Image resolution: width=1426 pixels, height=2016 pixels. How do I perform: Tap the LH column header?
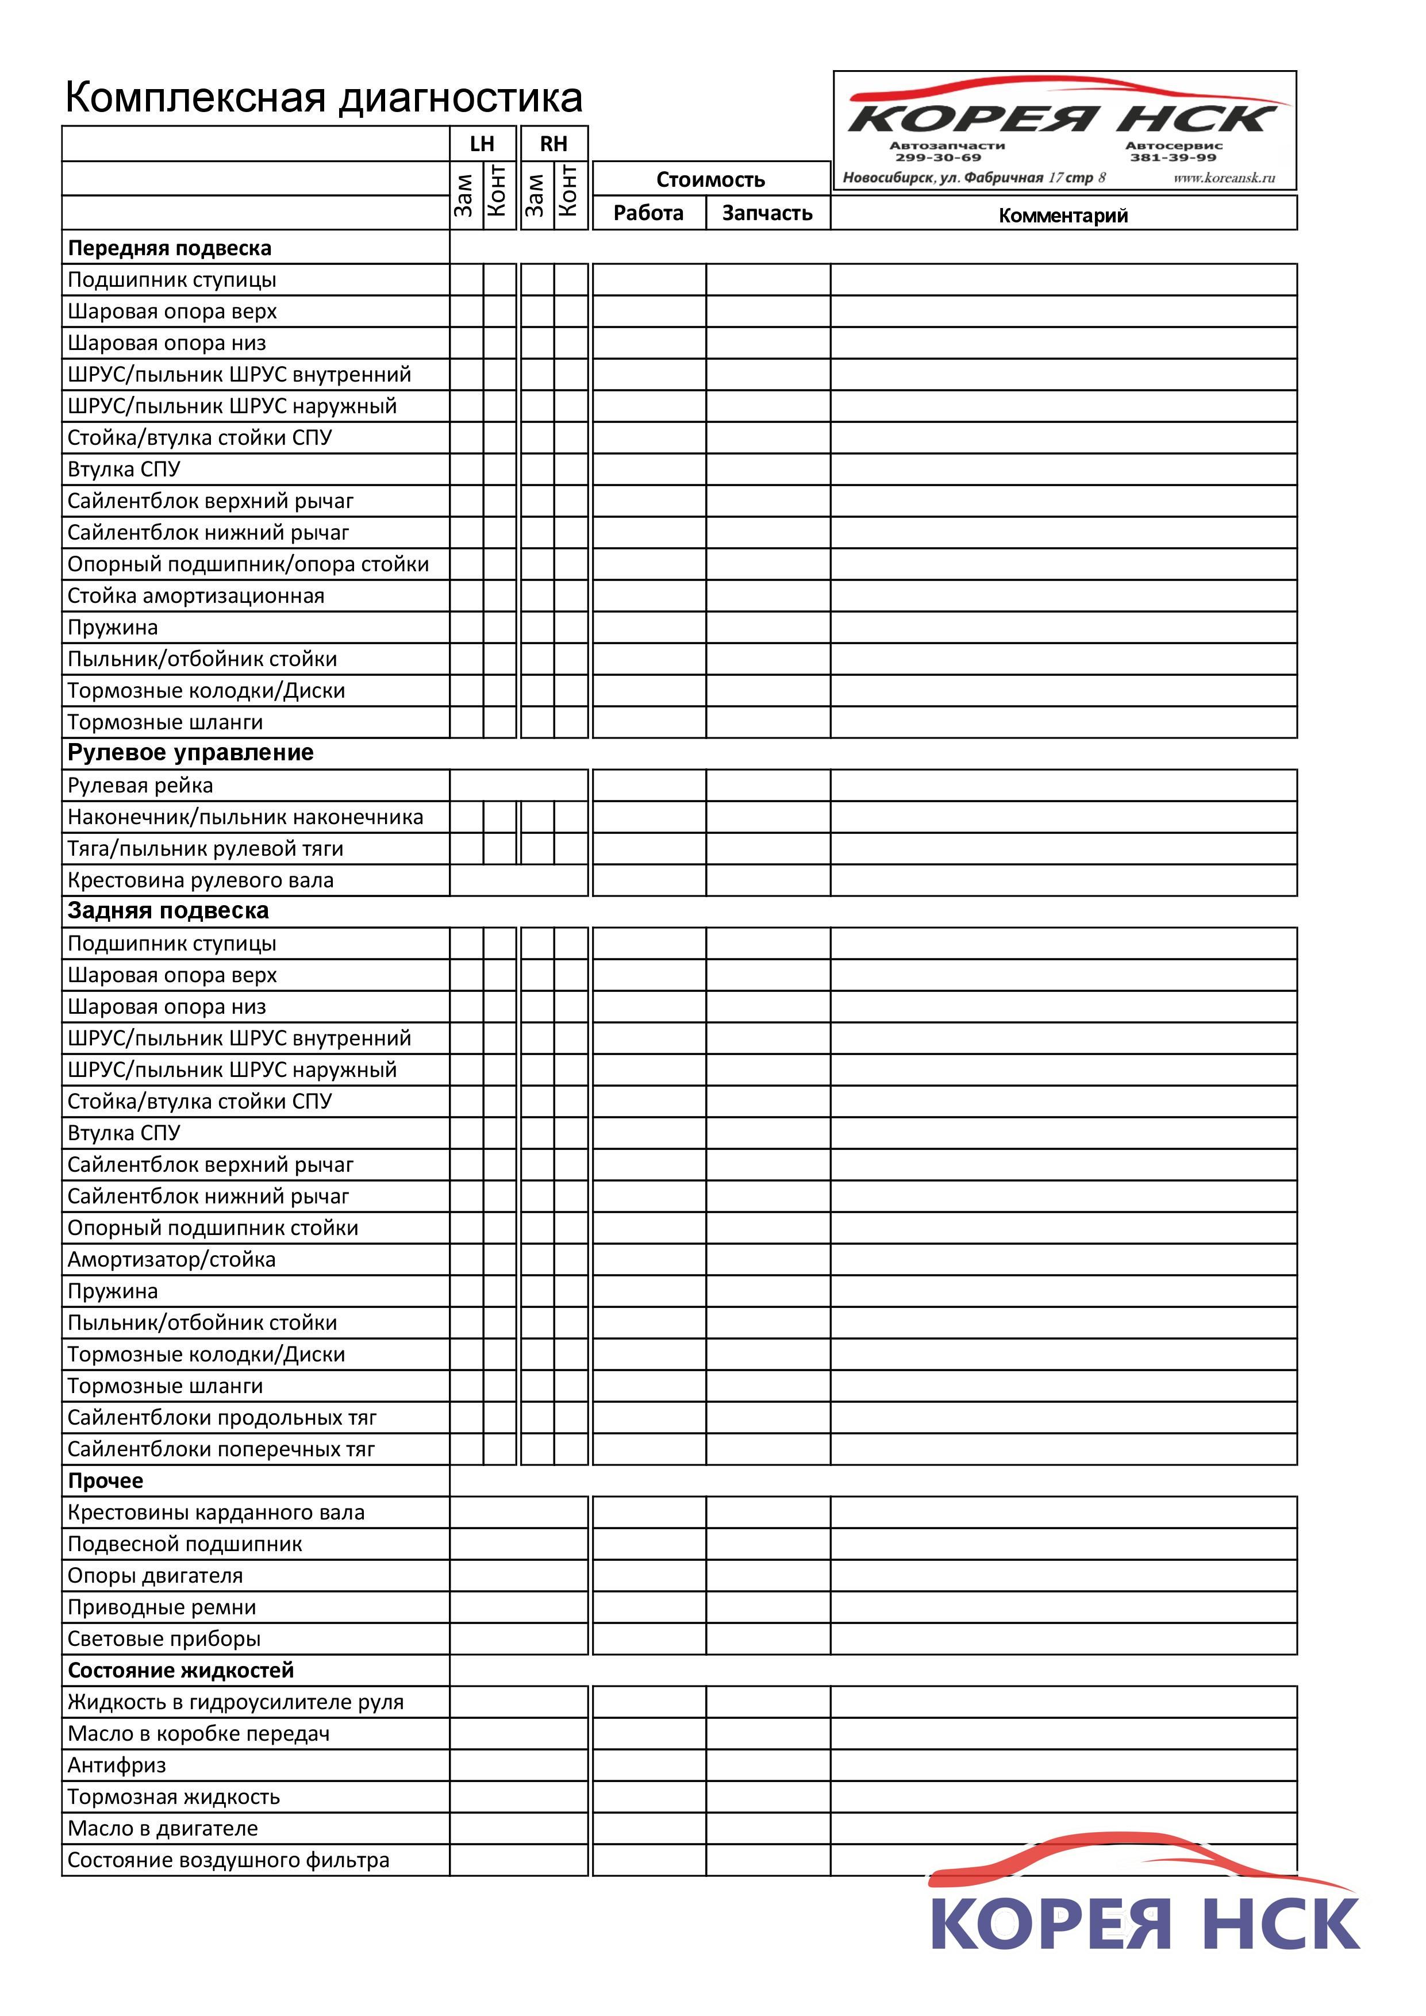(482, 144)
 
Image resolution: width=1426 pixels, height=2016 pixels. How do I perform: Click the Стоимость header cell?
(710, 179)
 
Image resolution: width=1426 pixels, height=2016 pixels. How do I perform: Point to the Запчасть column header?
(767, 213)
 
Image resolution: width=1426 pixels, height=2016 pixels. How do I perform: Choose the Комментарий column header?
(1063, 215)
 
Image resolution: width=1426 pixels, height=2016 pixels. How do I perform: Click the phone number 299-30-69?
(938, 158)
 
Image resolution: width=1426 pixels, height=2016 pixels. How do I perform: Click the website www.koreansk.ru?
(1224, 178)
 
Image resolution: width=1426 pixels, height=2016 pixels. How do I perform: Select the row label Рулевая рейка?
(140, 786)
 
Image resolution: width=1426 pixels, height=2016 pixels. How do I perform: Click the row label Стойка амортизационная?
(196, 596)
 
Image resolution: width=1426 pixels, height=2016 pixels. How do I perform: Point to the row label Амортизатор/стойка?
(171, 1260)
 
